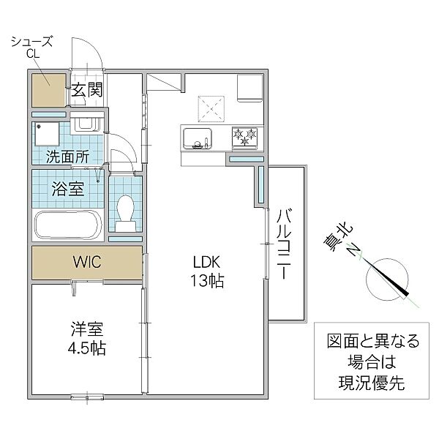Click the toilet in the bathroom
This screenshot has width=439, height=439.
pyautogui.click(x=126, y=214)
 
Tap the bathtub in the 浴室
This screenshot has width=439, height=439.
pyautogui.click(x=67, y=225)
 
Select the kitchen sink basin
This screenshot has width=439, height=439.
pyautogui.click(x=198, y=139)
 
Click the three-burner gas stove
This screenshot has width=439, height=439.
pyautogui.click(x=245, y=138)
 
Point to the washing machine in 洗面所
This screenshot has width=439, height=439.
pyautogui.click(x=47, y=134)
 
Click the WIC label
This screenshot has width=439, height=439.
pyautogui.click(x=87, y=262)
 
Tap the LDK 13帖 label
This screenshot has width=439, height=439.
pyautogui.click(x=207, y=271)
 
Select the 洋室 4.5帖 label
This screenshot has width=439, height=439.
pyautogui.click(x=87, y=339)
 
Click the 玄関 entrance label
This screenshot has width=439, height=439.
pyautogui.click(x=87, y=89)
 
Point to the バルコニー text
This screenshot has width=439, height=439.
pyautogui.click(x=284, y=244)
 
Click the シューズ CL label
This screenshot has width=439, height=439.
pyautogui.click(x=32, y=48)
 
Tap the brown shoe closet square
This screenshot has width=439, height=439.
pyautogui.click(x=49, y=90)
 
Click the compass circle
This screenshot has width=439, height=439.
pyautogui.click(x=387, y=279)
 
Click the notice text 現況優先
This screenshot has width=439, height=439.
pyautogui.click(x=372, y=383)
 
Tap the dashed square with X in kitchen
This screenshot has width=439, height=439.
pyautogui.click(x=211, y=109)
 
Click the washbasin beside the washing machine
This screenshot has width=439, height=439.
pyautogui.click(x=86, y=124)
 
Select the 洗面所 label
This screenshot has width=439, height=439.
pyautogui.click(x=67, y=157)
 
